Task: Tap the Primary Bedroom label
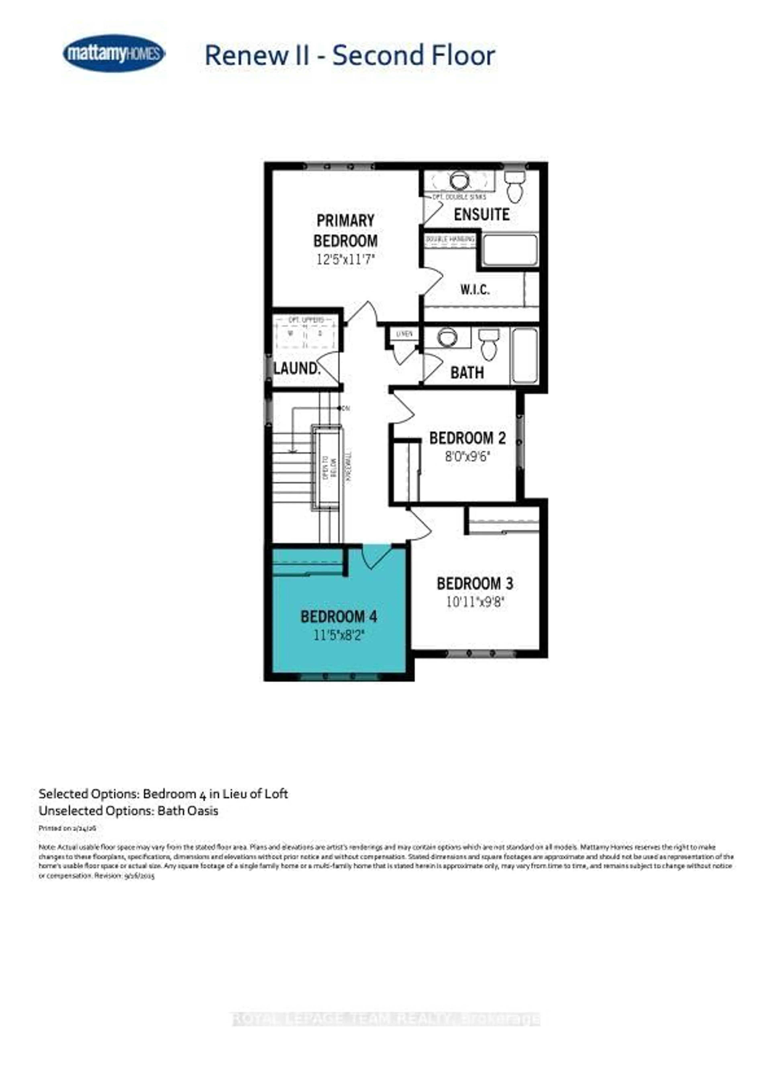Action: [346, 230]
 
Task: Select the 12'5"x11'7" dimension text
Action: [346, 260]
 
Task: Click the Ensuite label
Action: [481, 215]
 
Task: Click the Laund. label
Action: [297, 368]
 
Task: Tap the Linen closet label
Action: [405, 334]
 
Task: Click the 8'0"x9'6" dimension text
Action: [467, 457]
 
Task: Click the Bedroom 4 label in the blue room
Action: [339, 617]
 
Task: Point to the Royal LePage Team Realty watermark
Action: [386, 1019]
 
